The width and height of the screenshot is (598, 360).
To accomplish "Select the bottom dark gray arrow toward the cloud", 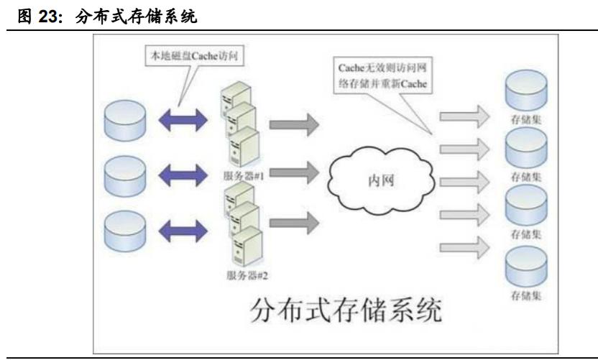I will pyautogui.click(x=294, y=223).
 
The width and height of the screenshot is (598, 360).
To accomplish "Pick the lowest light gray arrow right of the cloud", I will pyautogui.click(x=464, y=245).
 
